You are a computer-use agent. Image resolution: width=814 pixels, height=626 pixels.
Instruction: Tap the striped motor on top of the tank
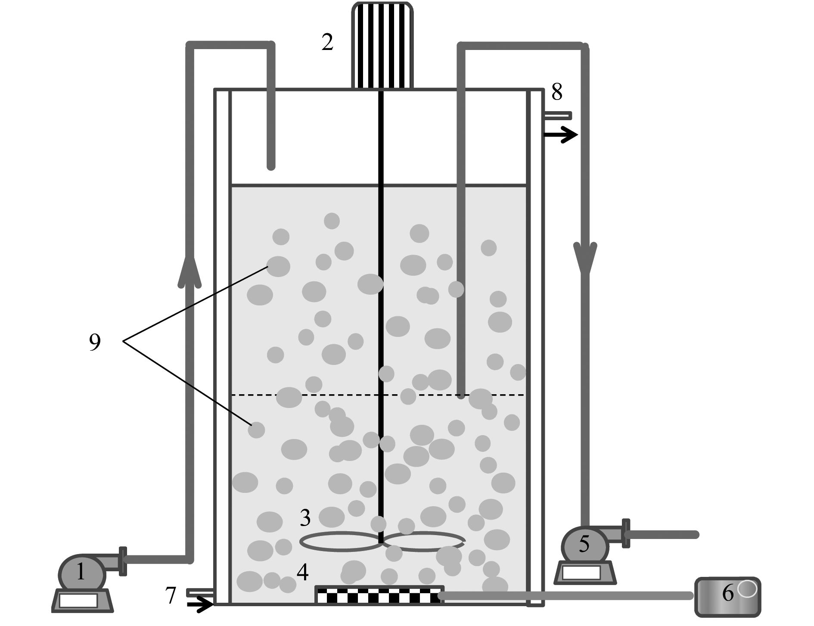click(382, 45)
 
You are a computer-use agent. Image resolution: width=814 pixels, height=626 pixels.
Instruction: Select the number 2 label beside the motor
click(327, 43)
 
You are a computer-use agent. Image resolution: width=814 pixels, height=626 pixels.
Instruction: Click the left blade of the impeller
click(340, 542)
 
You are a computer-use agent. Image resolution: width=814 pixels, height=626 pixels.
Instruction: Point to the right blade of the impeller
click(424, 542)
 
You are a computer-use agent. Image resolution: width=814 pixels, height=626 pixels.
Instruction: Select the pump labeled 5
click(584, 547)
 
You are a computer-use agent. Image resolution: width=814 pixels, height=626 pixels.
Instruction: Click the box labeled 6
click(727, 597)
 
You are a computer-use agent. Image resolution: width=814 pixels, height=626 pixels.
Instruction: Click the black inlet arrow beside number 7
click(201, 605)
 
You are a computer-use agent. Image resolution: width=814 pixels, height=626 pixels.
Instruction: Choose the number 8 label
click(557, 92)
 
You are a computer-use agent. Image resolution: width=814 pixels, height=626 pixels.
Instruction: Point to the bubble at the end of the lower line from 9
click(256, 430)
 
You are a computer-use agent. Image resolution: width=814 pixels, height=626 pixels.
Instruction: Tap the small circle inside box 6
click(748, 589)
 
